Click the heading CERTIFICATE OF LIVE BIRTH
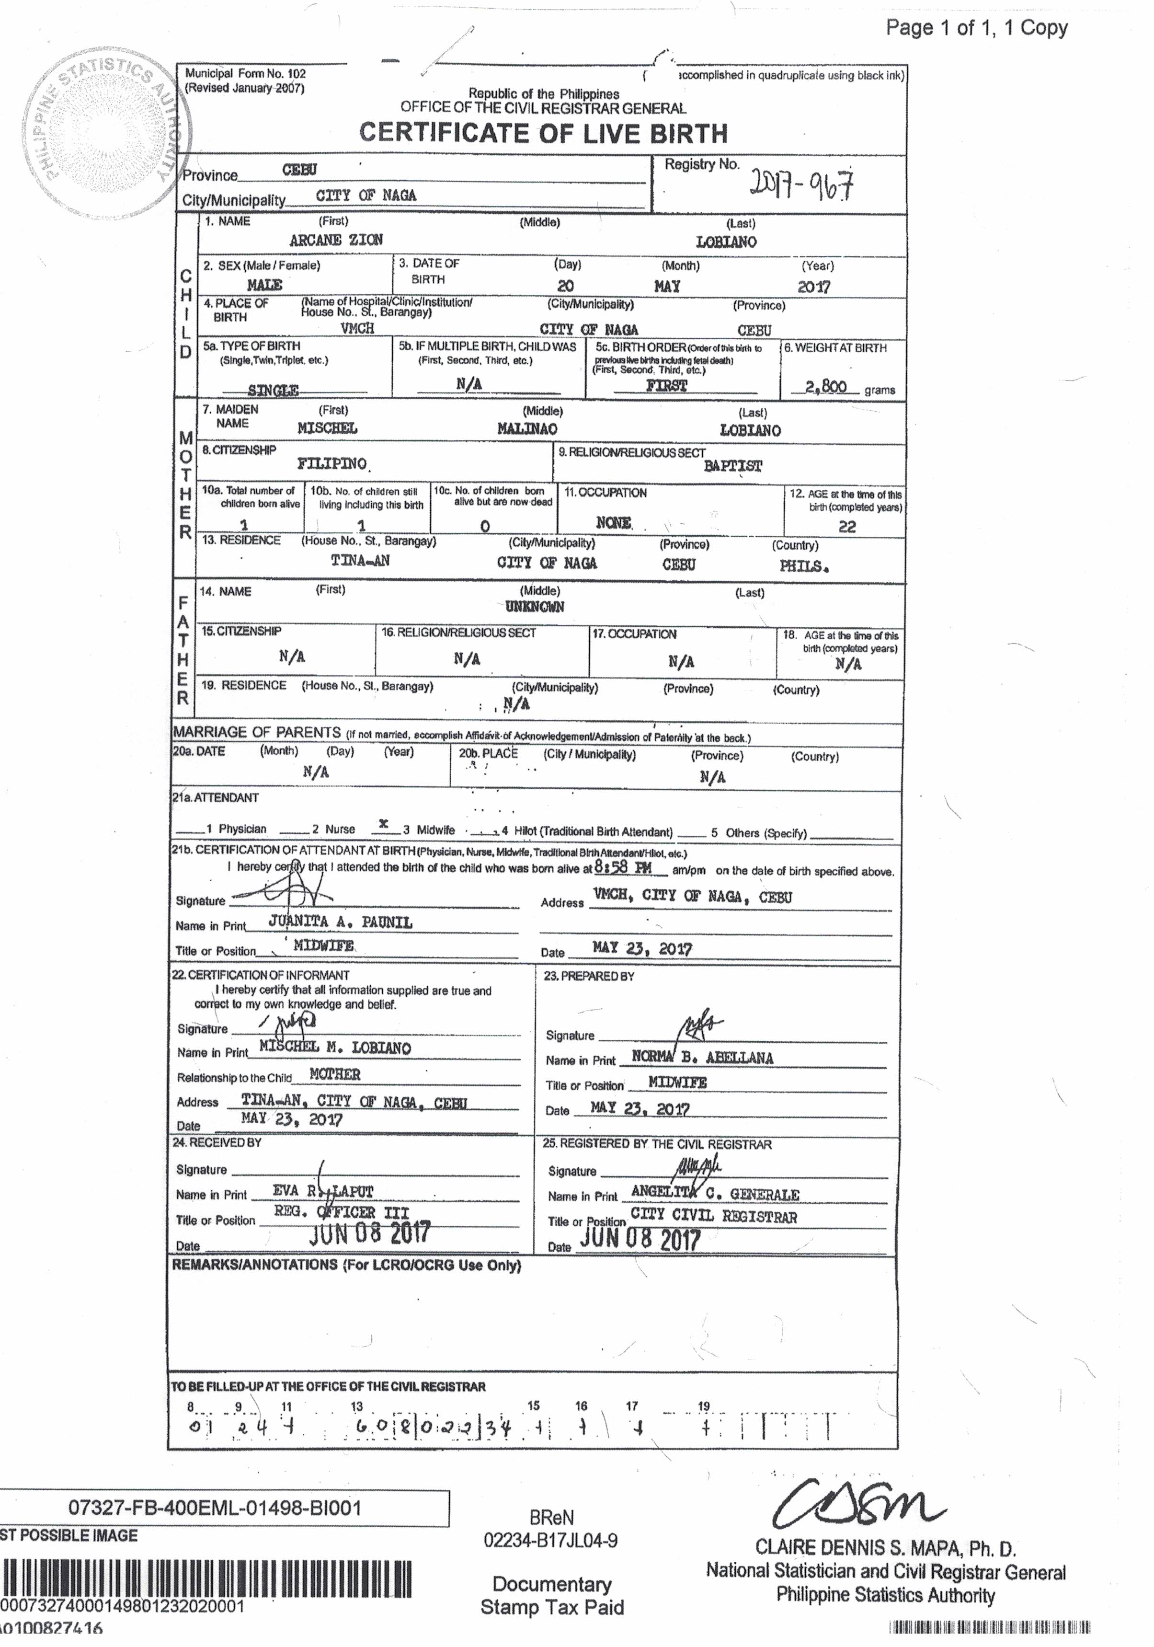pyautogui.click(x=543, y=133)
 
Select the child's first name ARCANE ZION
pyautogui.click(x=336, y=240)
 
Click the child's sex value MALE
pyautogui.click(x=264, y=285)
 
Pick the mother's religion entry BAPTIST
pyautogui.click(x=732, y=466)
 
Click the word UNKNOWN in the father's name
pyautogui.click(x=534, y=607)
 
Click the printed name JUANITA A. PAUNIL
pyautogui.click(x=340, y=922)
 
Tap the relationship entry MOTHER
pyautogui.click(x=334, y=1074)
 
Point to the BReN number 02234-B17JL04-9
pyautogui.click(x=551, y=1540)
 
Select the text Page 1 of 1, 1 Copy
pyautogui.click(x=976, y=28)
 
